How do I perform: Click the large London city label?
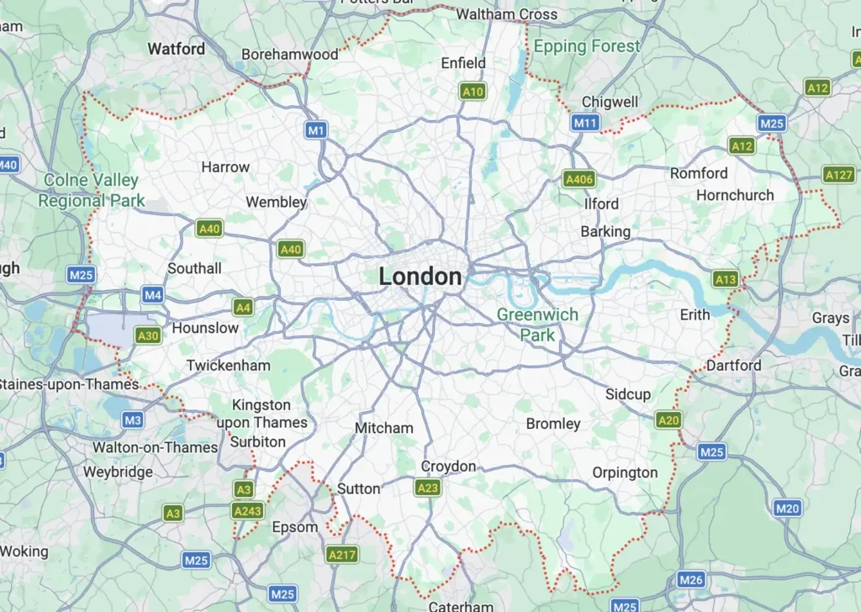coord(420,277)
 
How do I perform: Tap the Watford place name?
coord(176,49)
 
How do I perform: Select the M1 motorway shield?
coord(316,130)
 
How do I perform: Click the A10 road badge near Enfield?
coord(473,91)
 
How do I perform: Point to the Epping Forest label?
coord(587,46)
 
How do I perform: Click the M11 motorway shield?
coord(585,124)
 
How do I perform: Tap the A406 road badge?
coord(579,179)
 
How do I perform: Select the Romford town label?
coord(699,173)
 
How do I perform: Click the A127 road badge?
coord(838,175)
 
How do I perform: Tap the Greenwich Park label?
coord(537,324)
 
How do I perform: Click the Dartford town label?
coord(733,366)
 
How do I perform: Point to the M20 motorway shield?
coord(787,508)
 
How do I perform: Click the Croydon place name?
coord(448,467)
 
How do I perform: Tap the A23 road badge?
coord(427,487)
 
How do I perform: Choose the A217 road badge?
coord(341,555)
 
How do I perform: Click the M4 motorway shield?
coord(152,295)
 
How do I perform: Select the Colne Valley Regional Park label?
coord(91,191)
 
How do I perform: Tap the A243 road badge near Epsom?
coord(247,509)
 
